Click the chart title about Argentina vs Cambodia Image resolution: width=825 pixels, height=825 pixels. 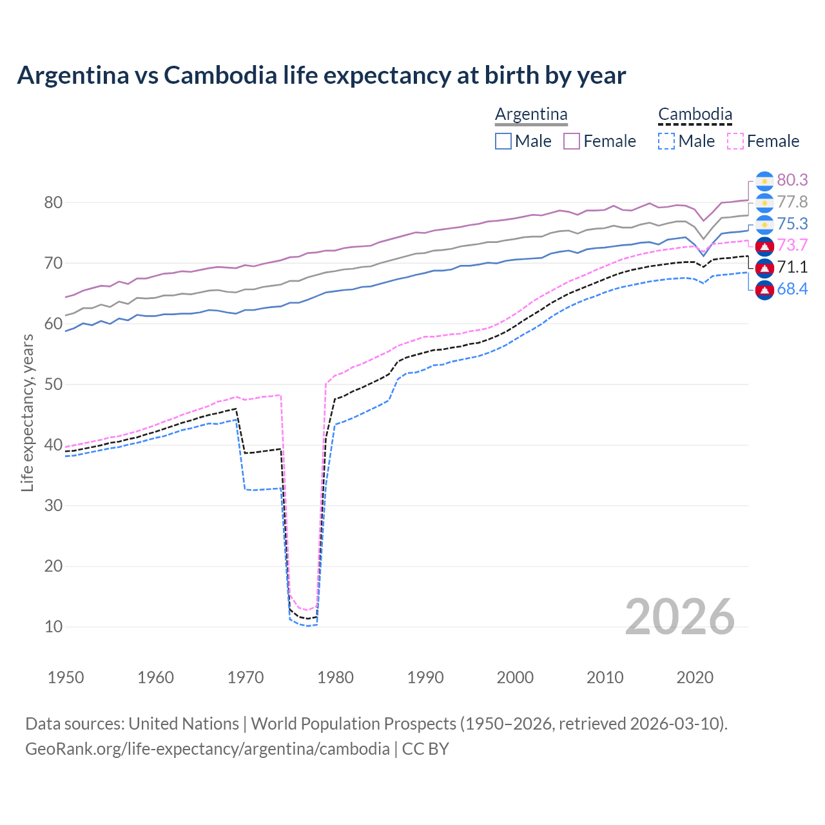tap(321, 75)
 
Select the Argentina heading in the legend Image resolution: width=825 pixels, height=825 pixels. tap(531, 114)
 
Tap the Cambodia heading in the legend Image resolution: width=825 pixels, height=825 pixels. tap(695, 114)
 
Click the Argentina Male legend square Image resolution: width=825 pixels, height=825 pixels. tap(503, 141)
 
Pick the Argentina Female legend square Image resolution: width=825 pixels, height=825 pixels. tap(572, 141)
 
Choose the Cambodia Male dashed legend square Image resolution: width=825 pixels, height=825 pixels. tap(666, 141)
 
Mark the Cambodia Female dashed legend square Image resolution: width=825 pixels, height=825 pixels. tap(735, 141)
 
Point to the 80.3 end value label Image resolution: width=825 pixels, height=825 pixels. tap(792, 180)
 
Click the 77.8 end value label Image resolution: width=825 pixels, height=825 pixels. tap(792, 202)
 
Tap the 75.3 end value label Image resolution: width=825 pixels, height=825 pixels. tap(792, 224)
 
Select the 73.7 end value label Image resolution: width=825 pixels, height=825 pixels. tap(792, 245)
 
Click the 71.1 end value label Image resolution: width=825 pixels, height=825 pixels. tap(792, 267)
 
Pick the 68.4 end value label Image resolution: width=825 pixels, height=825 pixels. tap(792, 289)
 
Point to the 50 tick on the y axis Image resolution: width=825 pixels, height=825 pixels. tap(53, 384)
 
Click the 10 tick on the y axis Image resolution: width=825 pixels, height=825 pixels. tap(53, 626)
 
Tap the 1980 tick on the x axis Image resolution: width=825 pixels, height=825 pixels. tap(336, 677)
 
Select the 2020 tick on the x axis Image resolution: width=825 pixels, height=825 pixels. tap(695, 677)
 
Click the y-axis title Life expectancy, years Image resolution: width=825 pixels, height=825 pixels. tap(27, 412)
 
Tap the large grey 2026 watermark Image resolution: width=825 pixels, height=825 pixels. tap(679, 617)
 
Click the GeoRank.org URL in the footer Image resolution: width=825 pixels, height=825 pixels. tap(207, 748)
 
